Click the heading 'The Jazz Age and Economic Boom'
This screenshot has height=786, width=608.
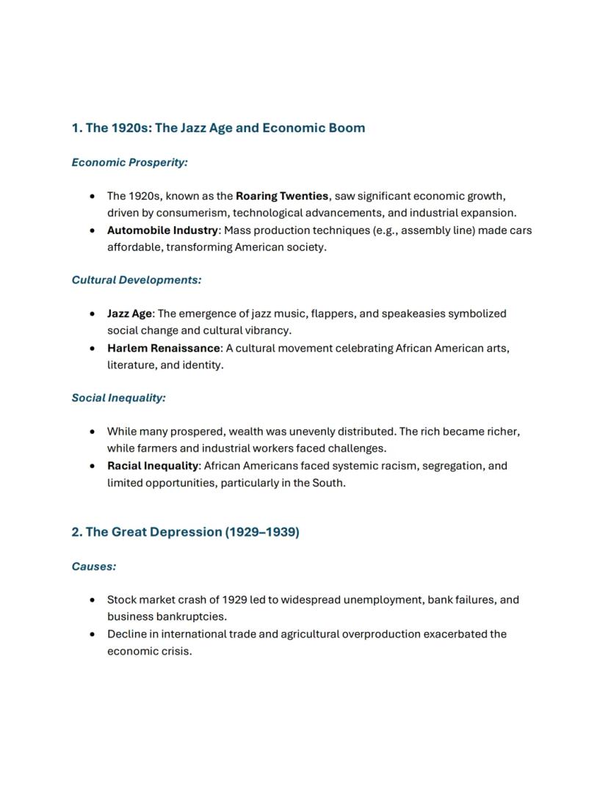[225, 128]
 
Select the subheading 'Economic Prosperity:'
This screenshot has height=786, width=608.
[129, 162]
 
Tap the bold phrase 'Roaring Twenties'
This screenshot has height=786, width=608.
[282, 196]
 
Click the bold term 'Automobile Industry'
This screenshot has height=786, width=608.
[162, 230]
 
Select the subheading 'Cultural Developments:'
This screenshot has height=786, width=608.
[136, 280]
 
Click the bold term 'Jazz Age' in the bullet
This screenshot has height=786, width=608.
[129, 313]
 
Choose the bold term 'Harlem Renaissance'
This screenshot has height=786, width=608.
[163, 348]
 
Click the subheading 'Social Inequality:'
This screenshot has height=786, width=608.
[118, 398]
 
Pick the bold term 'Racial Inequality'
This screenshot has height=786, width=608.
[153, 466]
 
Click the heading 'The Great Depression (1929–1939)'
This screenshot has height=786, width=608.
[185, 532]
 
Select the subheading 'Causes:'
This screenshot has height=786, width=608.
[93, 567]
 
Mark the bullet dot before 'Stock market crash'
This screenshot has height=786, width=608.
[91, 600]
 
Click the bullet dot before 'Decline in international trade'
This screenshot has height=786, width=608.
[91, 634]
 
